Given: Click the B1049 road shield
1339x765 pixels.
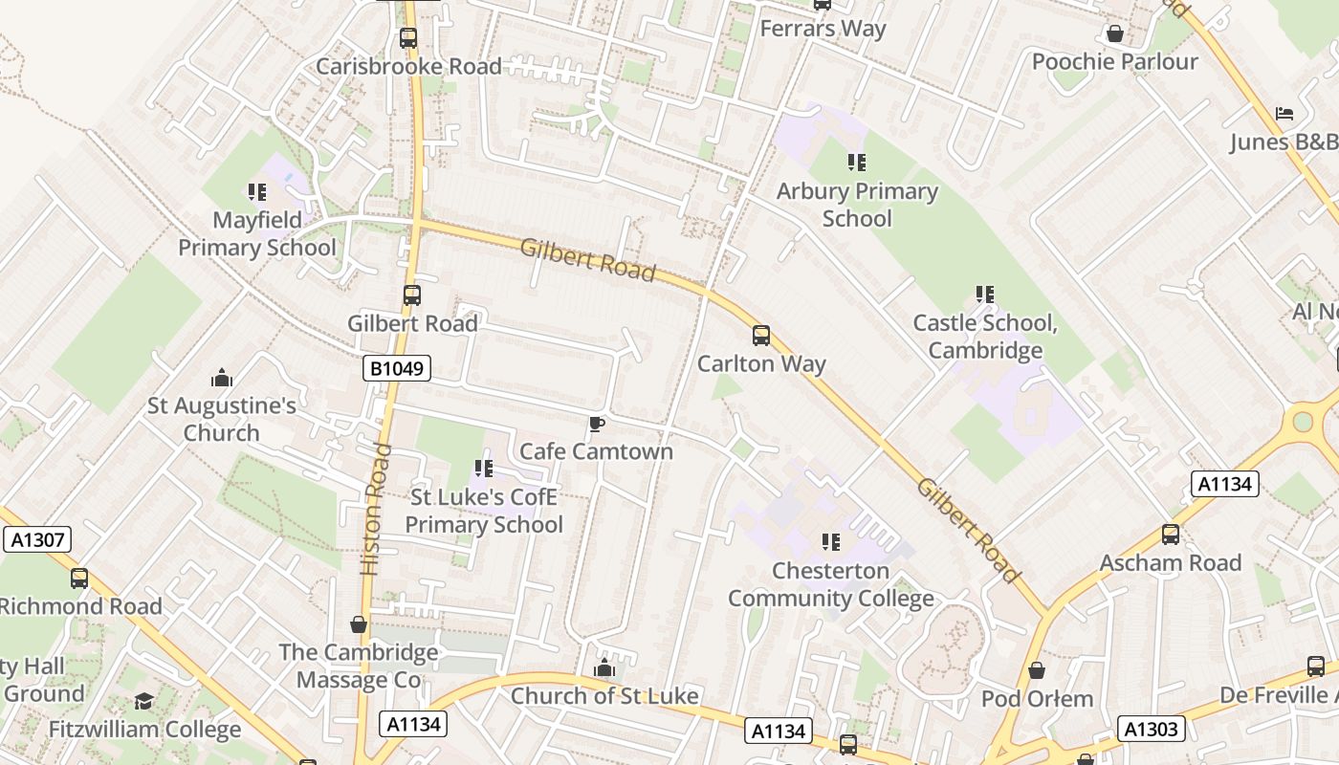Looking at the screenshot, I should click(x=397, y=368).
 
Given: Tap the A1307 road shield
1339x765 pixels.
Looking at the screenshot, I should click(x=37, y=540).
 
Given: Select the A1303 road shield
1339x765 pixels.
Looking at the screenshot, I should click(x=1152, y=730).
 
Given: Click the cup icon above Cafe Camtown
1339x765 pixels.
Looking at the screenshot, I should click(x=597, y=424).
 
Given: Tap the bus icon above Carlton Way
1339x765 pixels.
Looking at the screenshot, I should click(x=761, y=336).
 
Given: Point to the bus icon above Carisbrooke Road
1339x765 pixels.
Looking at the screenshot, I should click(x=408, y=38).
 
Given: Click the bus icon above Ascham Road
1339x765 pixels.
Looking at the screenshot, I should click(x=1170, y=535).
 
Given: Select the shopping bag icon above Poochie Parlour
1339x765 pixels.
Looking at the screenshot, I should click(x=1114, y=33).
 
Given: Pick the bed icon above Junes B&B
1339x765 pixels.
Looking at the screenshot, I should click(x=1284, y=114).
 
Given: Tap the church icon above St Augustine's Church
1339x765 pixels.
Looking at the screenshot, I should click(x=222, y=378).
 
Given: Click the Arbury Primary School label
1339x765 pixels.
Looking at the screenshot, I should click(x=857, y=205).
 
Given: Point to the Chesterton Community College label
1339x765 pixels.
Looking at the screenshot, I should click(x=831, y=584).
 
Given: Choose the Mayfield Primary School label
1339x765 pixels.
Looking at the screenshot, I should click(x=257, y=233).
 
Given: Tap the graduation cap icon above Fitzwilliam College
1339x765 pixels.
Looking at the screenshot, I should click(x=143, y=702).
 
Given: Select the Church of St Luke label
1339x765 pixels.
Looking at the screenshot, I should click(x=604, y=695).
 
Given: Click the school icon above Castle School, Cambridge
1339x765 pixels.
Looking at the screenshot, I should click(x=985, y=295).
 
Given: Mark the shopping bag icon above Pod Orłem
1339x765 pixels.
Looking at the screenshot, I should click(x=1037, y=670).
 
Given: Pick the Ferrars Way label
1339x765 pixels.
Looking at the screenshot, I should click(x=823, y=29).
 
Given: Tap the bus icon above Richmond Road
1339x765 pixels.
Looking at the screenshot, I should click(x=79, y=579).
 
